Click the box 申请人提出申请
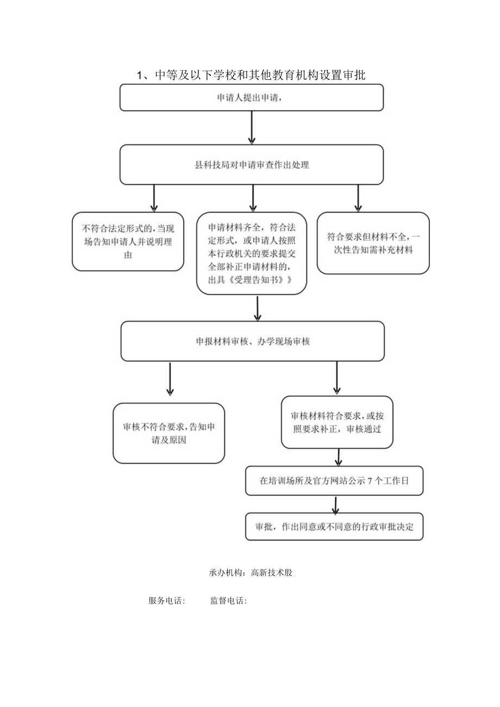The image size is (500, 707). (x=252, y=98)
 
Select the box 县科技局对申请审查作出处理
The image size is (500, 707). (x=252, y=165)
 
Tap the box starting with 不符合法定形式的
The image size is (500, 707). (x=128, y=241)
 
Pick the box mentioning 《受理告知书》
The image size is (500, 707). (x=252, y=253)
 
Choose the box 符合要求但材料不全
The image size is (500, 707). (x=373, y=243)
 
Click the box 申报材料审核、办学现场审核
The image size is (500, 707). (x=253, y=341)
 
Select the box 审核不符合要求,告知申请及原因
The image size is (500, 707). (x=169, y=433)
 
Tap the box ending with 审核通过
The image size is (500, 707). (x=337, y=422)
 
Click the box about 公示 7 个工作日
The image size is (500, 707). (x=334, y=481)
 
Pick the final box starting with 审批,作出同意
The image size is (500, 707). (x=334, y=526)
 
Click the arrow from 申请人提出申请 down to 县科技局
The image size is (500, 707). (x=252, y=128)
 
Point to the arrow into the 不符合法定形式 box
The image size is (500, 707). (x=154, y=198)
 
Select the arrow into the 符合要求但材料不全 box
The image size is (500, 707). (x=358, y=198)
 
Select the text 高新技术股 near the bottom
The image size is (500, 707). (x=272, y=573)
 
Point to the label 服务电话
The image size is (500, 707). (x=167, y=601)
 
